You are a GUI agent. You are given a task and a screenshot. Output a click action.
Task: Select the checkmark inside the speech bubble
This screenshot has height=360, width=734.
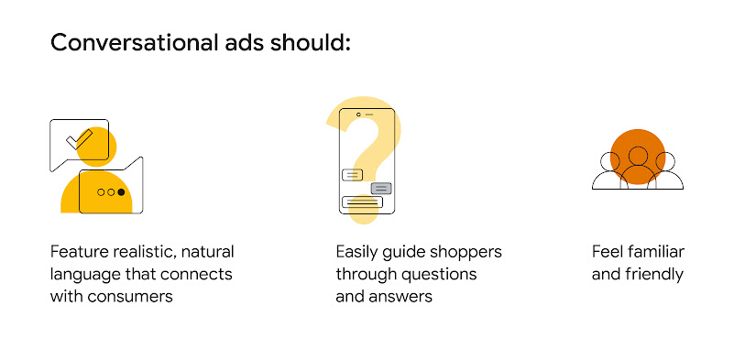tap(80, 139)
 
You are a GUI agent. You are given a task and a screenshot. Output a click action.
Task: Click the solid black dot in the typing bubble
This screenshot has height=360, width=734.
tap(121, 192)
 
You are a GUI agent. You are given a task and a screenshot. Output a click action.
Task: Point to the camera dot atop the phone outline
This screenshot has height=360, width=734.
tap(358, 115)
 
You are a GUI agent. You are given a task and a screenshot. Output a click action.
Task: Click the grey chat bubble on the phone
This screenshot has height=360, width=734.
tap(380, 188)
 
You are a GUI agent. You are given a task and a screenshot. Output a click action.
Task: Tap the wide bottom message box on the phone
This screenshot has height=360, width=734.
tap(362, 202)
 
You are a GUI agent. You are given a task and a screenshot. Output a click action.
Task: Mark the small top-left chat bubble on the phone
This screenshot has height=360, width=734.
tap(351, 174)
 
